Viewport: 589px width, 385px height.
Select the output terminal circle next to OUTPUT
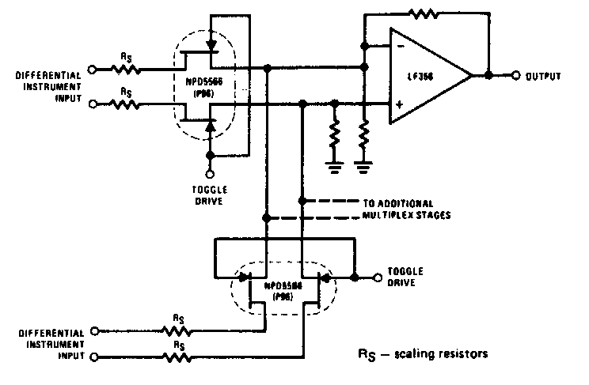tap(515, 76)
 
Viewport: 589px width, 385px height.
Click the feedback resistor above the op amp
tap(424, 13)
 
